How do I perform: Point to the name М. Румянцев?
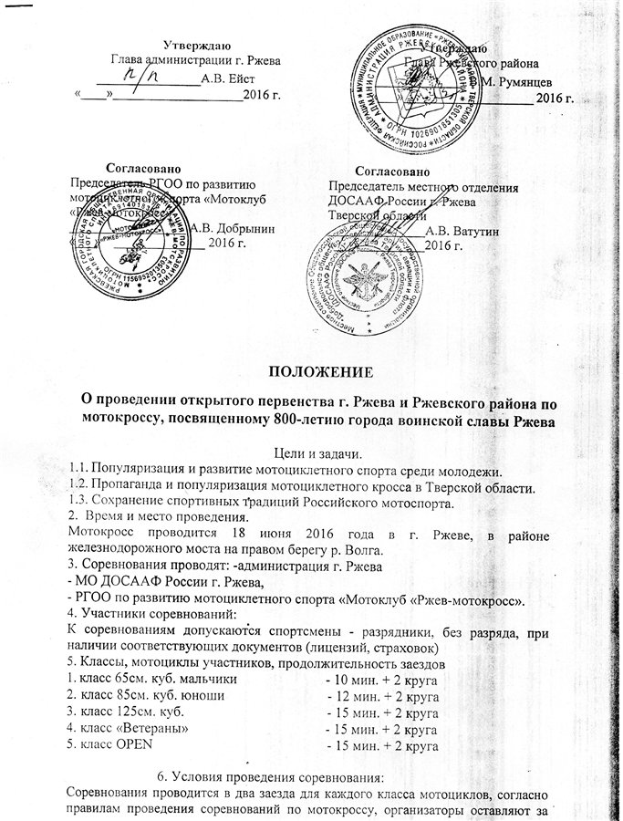pos(517,80)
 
